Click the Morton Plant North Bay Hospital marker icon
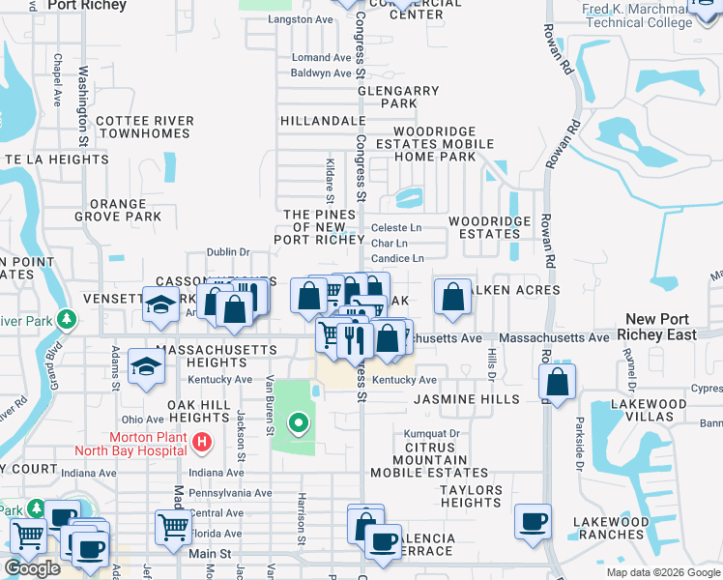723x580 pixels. [x=202, y=443]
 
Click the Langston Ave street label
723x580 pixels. [x=301, y=19]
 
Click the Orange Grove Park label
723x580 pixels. [x=126, y=210]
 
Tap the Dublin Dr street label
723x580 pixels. [x=228, y=252]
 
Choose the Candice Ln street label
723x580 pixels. [x=397, y=259]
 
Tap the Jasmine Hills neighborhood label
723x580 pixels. [x=467, y=398]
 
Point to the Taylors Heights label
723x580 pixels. [x=471, y=496]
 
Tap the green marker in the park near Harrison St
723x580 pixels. [x=300, y=421]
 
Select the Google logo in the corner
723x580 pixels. [x=32, y=568]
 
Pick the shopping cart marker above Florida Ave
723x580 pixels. [x=173, y=527]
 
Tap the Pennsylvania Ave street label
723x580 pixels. [x=231, y=492]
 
